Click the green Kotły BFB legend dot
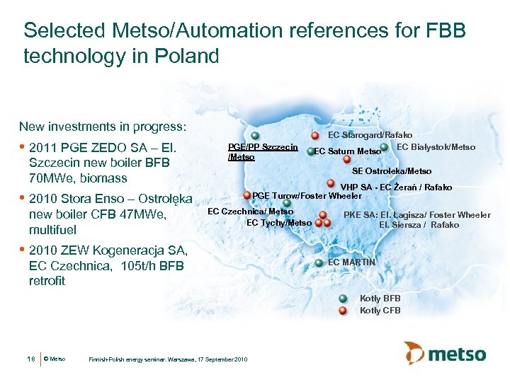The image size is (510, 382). pyautogui.click(x=343, y=299)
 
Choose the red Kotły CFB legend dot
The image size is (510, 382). pyautogui.click(x=343, y=310)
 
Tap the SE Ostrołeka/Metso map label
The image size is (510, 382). pyautogui.click(x=392, y=171)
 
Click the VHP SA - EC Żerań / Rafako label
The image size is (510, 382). pyautogui.click(x=396, y=187)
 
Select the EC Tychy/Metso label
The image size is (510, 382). pyautogui.click(x=278, y=223)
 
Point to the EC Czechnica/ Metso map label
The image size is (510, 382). pyautogui.click(x=250, y=212)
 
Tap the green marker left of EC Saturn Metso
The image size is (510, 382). pyautogui.click(x=311, y=151)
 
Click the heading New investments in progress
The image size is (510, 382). pyautogui.click(x=103, y=127)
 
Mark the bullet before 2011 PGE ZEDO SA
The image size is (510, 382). pyautogui.click(x=23, y=149)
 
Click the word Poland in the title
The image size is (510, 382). pyautogui.click(x=191, y=56)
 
